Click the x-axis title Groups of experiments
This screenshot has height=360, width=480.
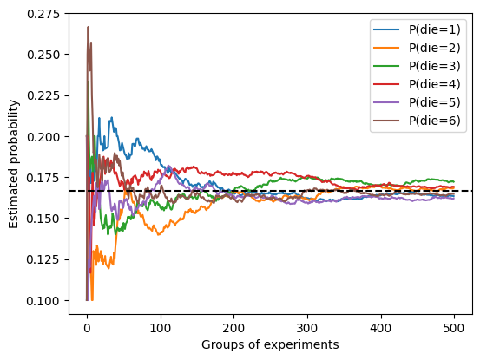269,344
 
